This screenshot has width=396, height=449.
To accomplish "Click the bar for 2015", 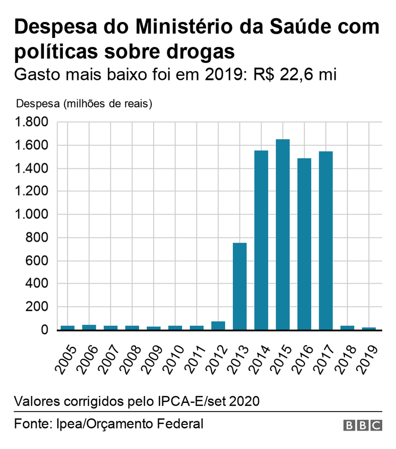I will pyautogui.click(x=283, y=234).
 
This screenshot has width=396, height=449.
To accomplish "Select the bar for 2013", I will pyautogui.click(x=240, y=286).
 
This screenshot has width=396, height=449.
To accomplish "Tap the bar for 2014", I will pyautogui.click(x=261, y=240).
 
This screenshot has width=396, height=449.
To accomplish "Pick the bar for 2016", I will pyautogui.click(x=304, y=244).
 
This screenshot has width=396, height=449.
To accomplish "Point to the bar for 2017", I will pyautogui.click(x=326, y=241).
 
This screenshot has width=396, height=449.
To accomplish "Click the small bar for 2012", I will pyautogui.click(x=218, y=326).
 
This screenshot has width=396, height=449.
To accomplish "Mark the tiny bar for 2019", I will pyautogui.click(x=369, y=328).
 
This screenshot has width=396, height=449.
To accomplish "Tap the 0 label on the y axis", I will pyautogui.click(x=45, y=330).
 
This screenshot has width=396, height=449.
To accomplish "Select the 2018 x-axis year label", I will pyautogui.click(x=348, y=360).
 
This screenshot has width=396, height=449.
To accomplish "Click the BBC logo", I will pyautogui.click(x=363, y=425).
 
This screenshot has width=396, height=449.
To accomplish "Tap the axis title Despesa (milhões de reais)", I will pyautogui.click(x=85, y=104).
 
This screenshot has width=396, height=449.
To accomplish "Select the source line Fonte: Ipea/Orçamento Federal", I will pyautogui.click(x=108, y=424).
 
